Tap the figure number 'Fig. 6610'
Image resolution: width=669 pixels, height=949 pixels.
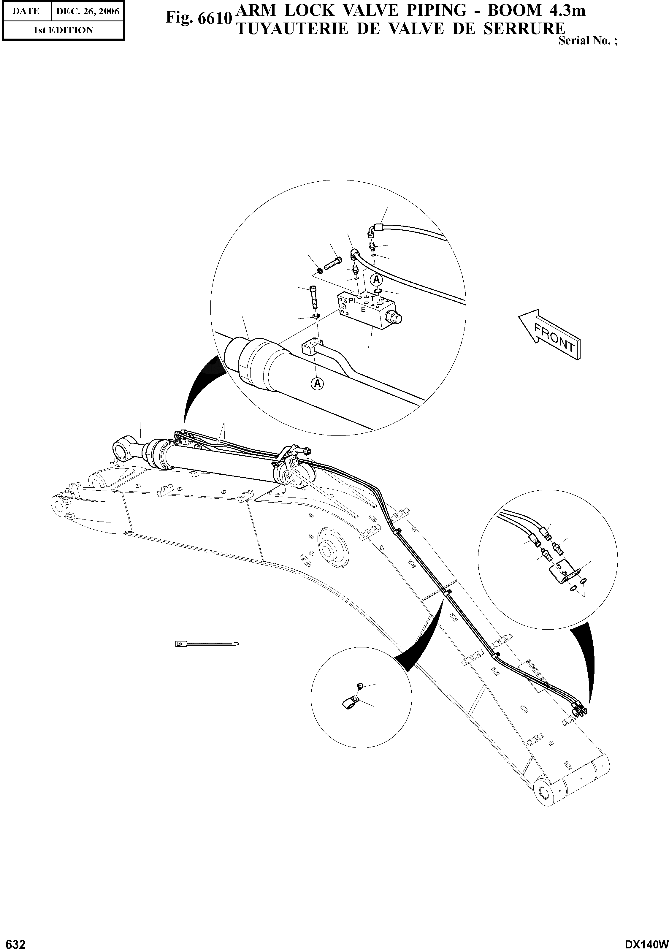coord(197,18)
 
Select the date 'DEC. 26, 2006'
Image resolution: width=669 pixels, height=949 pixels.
coord(88,11)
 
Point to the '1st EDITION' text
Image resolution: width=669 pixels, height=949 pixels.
coord(63,30)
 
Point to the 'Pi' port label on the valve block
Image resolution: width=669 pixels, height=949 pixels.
coord(352,300)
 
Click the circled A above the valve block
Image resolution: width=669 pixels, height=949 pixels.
coord(376,280)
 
